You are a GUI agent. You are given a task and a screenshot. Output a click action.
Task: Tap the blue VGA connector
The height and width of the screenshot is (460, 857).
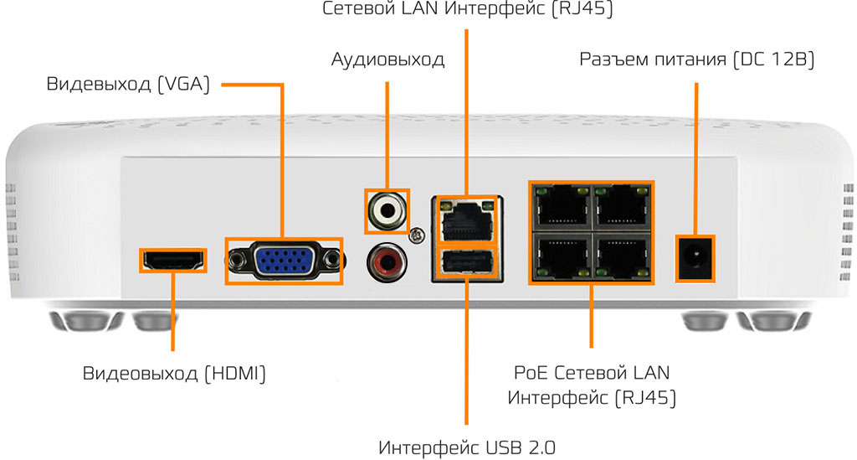pyautogui.click(x=284, y=261)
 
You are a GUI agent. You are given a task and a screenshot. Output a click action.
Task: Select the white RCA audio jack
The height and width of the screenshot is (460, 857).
pyautogui.click(x=387, y=210)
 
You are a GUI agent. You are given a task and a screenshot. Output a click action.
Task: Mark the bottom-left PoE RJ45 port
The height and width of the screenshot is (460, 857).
pyautogui.click(x=559, y=254)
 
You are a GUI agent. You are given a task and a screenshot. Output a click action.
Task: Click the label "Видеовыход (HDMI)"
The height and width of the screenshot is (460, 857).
pyautogui.click(x=174, y=374)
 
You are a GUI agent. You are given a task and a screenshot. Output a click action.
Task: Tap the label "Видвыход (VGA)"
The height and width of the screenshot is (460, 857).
pyautogui.click(x=127, y=85)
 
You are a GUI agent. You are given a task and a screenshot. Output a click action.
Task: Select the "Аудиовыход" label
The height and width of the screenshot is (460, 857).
pyautogui.click(x=387, y=60)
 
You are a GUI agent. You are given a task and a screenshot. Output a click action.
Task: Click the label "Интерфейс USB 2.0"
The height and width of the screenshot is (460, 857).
pyautogui.click(x=466, y=445)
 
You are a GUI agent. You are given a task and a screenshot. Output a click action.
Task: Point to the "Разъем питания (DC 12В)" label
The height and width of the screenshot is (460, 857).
pyautogui.click(x=695, y=60)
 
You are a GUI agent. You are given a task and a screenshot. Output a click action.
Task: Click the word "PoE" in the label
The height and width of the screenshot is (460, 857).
pyautogui.click(x=531, y=371)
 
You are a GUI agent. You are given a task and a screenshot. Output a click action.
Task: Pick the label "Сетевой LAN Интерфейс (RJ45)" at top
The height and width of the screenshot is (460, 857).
pyautogui.click(x=468, y=10)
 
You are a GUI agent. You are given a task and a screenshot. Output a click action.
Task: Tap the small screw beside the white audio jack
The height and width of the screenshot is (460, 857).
pyautogui.click(x=413, y=237)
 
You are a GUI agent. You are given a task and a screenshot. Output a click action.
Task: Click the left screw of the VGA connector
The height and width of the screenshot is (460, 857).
pyautogui.click(x=237, y=260)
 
